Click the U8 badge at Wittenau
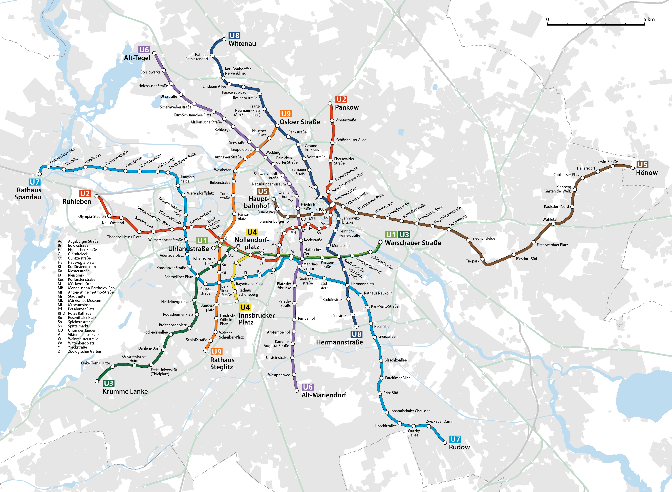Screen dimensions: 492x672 click(234, 36)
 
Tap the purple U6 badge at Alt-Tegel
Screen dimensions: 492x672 click(144, 50)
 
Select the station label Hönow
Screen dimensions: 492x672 click(646, 173)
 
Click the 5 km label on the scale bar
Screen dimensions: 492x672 click(649, 19)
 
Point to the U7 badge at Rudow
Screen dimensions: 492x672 click(455, 439)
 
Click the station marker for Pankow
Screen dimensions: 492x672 click(330, 103)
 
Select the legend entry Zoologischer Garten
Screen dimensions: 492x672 click(84, 352)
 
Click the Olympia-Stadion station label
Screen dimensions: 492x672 click(92, 217)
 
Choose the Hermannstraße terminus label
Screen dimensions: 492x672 click(340, 342)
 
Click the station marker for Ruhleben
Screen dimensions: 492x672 click(97, 196)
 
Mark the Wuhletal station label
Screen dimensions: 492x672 click(550, 220)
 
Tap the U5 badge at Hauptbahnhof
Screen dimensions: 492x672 click(262, 191)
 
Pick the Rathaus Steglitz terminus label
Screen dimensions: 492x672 click(222, 363)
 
